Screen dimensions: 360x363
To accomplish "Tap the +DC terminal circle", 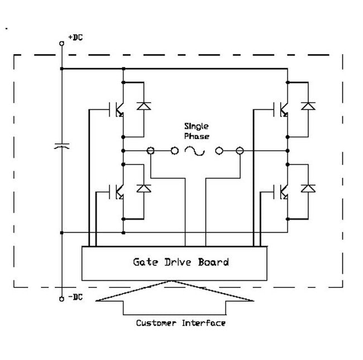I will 61,42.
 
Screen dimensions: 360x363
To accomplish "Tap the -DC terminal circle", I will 61,299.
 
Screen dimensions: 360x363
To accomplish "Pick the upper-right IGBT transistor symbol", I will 282,110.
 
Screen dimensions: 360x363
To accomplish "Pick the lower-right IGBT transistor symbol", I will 282,192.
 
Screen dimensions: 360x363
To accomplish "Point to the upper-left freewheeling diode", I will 144,105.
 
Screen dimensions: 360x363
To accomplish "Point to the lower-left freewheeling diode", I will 144,188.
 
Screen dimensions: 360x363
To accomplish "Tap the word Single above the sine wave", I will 197,127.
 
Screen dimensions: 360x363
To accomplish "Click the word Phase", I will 197,136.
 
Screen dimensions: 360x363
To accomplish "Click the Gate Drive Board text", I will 180,262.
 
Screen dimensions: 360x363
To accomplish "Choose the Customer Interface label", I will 180,323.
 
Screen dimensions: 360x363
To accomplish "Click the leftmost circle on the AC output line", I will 150,151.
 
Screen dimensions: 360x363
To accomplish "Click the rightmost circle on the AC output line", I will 240,151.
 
